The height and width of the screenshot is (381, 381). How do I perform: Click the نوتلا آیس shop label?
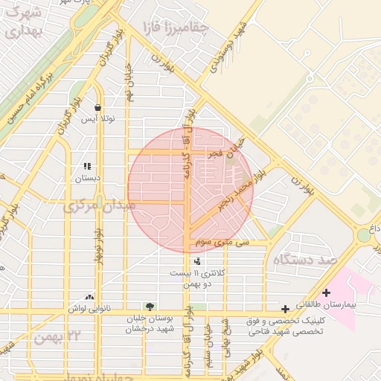[x=98, y=119]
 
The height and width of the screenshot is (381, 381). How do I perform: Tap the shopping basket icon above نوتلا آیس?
[x=98, y=107]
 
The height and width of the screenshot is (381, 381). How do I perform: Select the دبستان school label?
[x=87, y=179]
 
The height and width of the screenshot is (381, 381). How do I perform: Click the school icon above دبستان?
[x=87, y=167]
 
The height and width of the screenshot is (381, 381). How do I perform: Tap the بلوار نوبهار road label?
[x=97, y=246]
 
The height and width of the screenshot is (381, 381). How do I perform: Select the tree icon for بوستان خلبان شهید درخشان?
[x=151, y=307]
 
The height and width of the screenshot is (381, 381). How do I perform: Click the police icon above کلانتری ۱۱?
[x=197, y=261]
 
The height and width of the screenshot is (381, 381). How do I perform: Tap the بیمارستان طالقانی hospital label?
[x=347, y=306]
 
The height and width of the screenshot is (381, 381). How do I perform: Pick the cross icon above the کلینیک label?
[x=285, y=309]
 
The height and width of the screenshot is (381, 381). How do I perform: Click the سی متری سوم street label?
[x=224, y=243]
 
